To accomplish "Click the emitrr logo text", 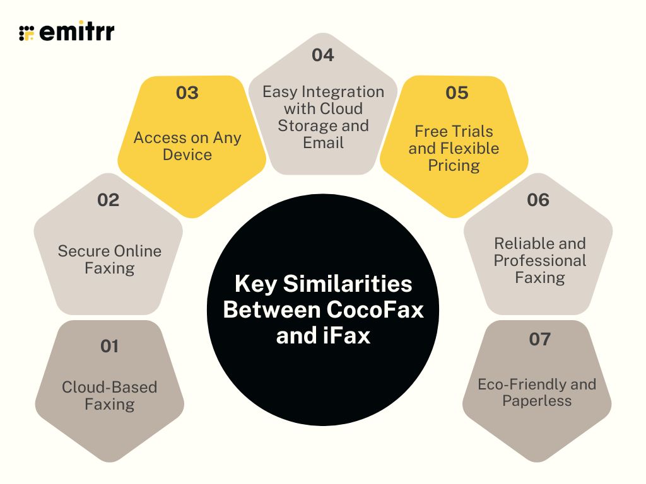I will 76,33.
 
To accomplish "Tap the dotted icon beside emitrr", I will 26,33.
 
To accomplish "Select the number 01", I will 109,346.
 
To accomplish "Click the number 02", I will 108,200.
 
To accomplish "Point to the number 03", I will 187,93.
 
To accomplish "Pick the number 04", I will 322,55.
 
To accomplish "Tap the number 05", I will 457,93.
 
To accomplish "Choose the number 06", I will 538,200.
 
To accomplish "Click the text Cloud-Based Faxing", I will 109,396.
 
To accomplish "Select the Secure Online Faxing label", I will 109,260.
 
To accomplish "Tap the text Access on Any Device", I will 187,146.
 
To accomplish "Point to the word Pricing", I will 454,166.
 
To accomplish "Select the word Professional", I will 540,260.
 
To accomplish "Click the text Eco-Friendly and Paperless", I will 537,393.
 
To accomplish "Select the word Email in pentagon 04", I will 323,142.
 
